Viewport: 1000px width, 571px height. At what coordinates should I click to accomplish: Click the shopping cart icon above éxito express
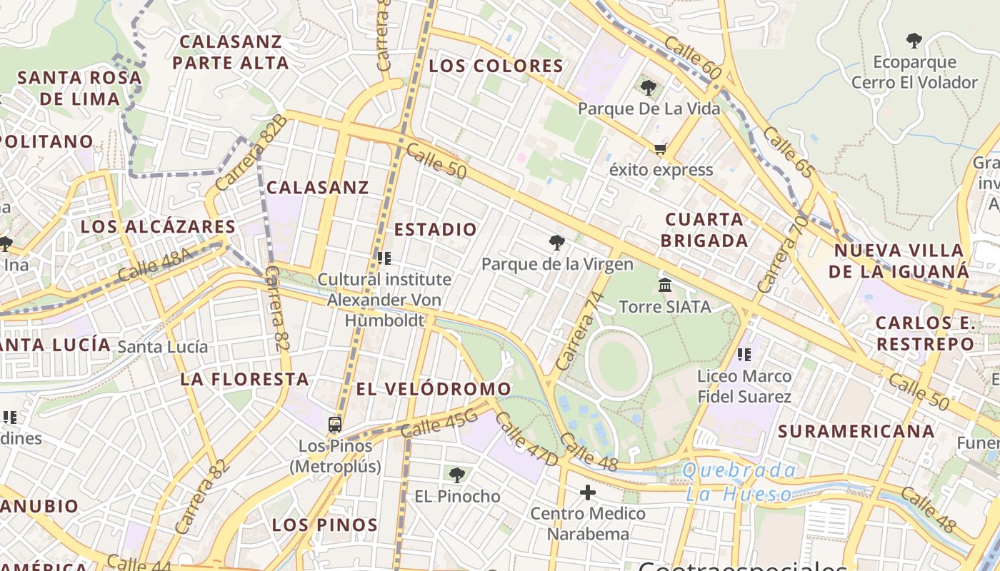[x=660, y=149]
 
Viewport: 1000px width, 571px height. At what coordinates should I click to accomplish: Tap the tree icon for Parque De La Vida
[x=649, y=88]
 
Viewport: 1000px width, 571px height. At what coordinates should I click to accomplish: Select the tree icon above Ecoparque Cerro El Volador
[x=914, y=41]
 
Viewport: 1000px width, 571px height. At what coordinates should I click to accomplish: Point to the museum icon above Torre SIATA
[x=665, y=285]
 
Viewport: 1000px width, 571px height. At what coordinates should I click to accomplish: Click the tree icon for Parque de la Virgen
[x=556, y=243]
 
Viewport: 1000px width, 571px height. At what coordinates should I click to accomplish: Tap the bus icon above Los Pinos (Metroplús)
[x=335, y=425]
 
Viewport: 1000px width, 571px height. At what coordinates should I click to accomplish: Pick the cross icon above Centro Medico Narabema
[x=588, y=492]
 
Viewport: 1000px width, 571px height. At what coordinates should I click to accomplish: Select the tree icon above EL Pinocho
[x=457, y=475]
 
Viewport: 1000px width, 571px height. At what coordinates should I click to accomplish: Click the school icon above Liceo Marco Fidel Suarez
[x=744, y=354]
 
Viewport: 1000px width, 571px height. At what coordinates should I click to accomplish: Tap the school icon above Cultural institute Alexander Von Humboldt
[x=384, y=258]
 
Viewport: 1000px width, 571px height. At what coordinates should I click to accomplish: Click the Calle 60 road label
[x=692, y=56]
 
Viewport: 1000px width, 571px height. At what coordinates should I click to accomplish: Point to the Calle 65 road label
[x=788, y=152]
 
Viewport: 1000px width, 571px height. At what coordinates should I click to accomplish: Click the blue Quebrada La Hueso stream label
[x=739, y=482]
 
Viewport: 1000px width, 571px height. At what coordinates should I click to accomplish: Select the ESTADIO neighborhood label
[x=435, y=229]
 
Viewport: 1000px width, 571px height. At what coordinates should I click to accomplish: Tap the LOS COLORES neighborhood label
[x=496, y=66]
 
